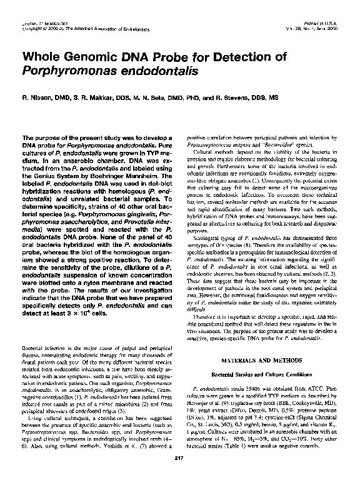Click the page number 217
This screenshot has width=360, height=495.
tap(179, 478)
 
